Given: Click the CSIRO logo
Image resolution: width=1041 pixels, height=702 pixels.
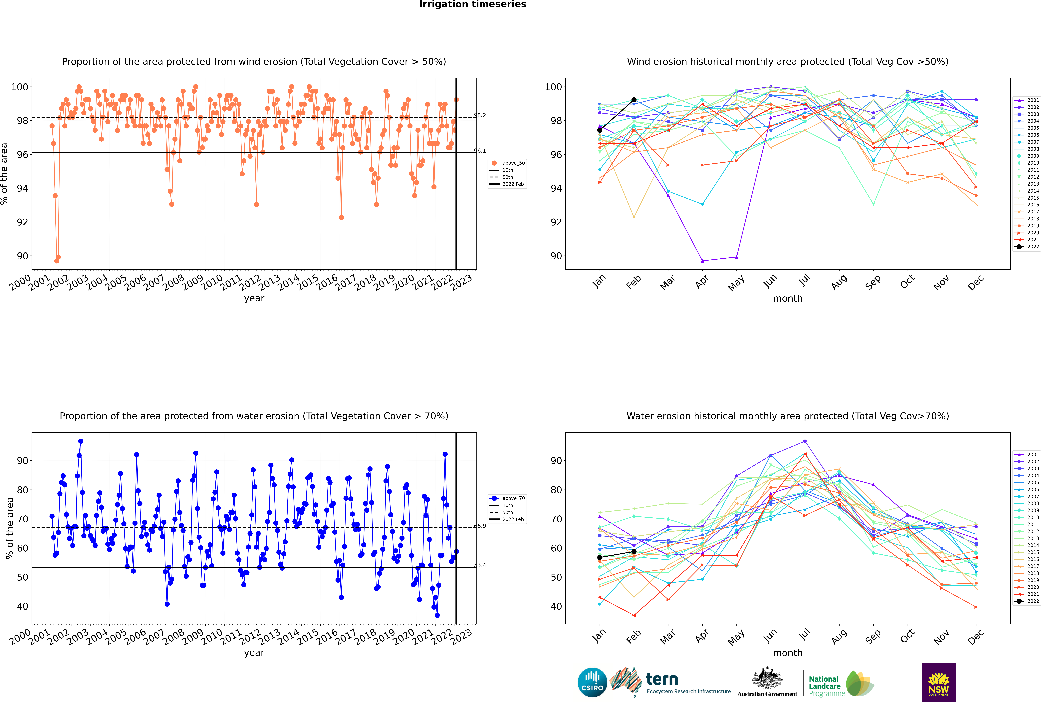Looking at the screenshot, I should (x=592, y=682).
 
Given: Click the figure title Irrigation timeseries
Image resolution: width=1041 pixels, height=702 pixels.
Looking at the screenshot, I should (x=473, y=4).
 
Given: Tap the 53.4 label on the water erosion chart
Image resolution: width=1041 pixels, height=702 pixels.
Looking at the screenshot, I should (x=480, y=565).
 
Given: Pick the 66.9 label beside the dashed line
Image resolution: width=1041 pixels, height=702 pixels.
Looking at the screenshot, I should (x=480, y=526).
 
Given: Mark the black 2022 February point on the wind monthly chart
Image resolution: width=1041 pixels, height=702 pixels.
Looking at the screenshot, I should (x=634, y=100).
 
